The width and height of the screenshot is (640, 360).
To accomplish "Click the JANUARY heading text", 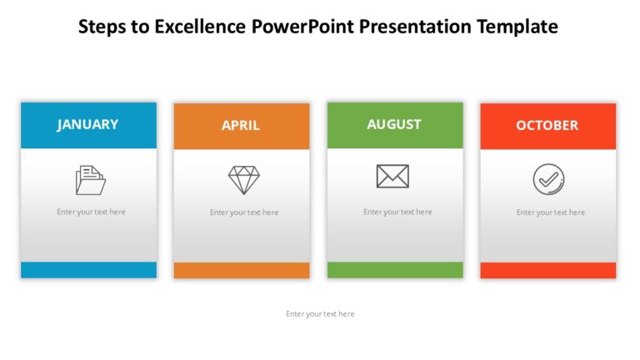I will coord(87,124).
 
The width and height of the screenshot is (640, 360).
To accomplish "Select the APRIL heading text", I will coord(240,126).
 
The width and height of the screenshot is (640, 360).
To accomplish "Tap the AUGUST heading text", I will coord(394,124).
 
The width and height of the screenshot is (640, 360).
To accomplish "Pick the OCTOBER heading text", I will coord(547,125).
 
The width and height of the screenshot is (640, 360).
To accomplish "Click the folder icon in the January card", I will coord(90,180).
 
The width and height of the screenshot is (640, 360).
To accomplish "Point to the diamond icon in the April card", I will coord(243,180).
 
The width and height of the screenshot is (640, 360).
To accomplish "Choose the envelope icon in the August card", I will coord(392,176).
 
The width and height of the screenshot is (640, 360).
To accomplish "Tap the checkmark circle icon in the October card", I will coord(548,179).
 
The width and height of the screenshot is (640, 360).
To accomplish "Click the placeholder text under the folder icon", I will coord(91,212).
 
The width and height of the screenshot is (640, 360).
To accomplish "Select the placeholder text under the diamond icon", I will coord(244,212).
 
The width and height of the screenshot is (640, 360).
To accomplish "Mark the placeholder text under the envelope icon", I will coord(397,212).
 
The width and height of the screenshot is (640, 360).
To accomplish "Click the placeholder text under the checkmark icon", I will coord(550,212).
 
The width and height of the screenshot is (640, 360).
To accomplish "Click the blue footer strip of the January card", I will coord(88,270).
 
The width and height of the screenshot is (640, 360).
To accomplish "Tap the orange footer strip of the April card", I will coord(242,270).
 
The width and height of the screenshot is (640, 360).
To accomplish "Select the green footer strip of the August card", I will coord(395,270).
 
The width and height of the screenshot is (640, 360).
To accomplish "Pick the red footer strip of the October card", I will coord(548,270).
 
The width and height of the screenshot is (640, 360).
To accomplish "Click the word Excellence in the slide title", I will coord(201,27).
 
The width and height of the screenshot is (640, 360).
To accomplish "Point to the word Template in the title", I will coord(517,27).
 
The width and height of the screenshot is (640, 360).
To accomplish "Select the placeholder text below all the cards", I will coord(320,314).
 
